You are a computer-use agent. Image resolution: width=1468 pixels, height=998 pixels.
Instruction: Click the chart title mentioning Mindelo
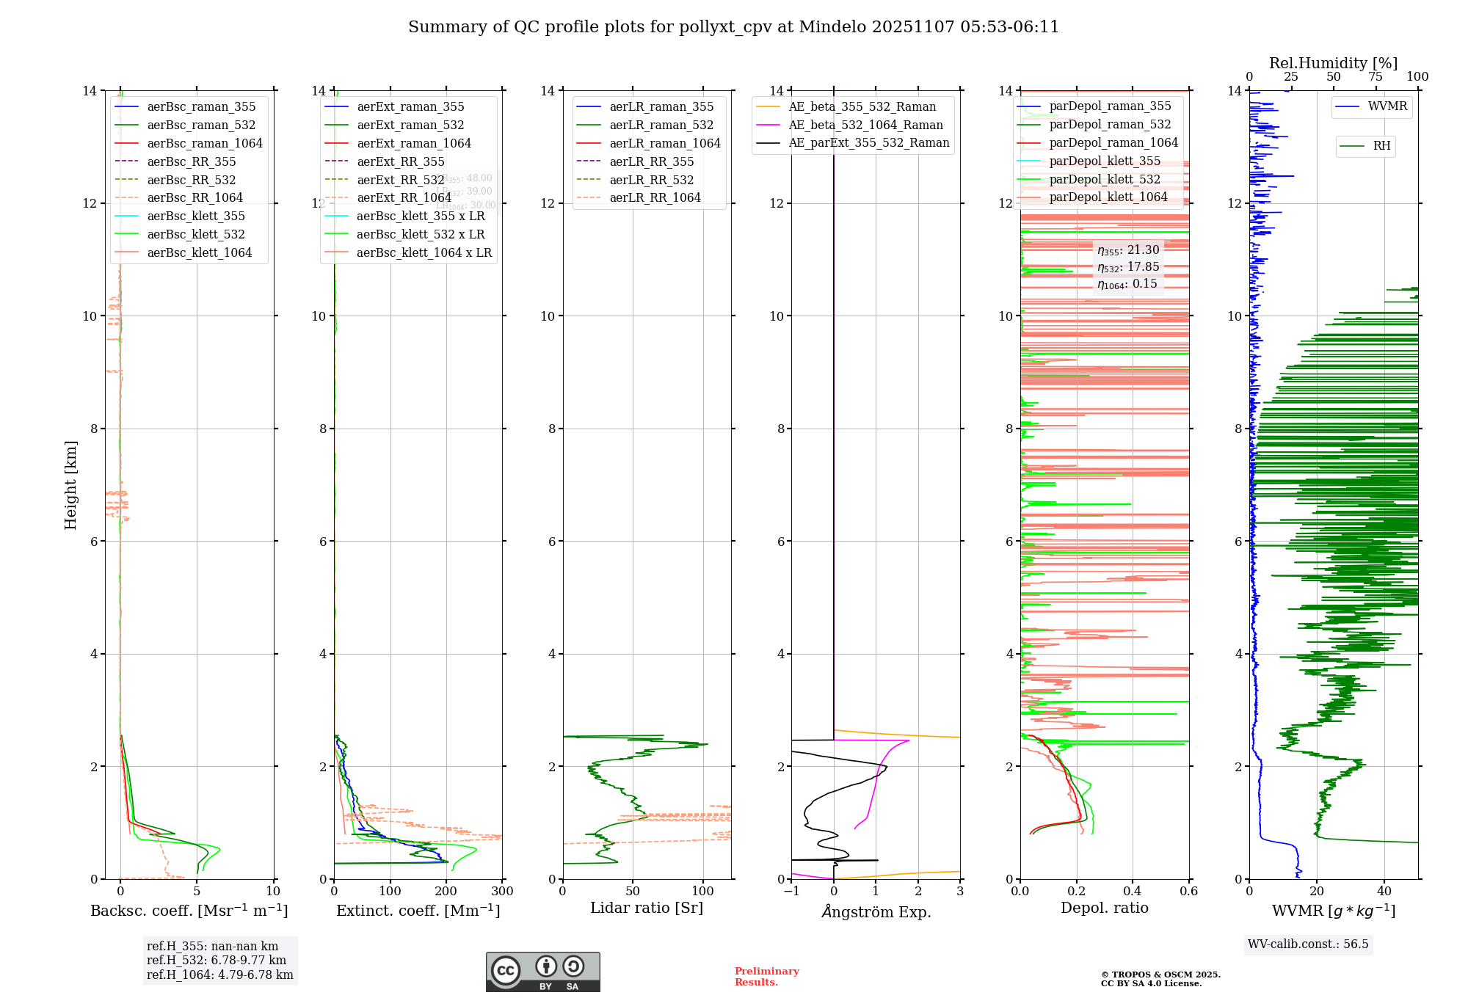point(733,27)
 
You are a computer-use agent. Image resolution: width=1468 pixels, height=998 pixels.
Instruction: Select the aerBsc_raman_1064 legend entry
point(204,143)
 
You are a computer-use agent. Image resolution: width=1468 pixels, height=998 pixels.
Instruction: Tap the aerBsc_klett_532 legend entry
point(195,234)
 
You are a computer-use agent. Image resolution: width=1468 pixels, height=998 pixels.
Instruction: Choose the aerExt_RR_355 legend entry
point(400,161)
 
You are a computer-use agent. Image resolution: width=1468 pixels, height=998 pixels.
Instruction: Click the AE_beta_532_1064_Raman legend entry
point(865,125)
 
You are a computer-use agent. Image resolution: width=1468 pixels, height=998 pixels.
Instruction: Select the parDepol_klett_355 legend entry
point(1105,161)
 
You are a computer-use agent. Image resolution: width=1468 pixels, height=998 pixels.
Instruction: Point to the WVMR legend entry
point(1387,106)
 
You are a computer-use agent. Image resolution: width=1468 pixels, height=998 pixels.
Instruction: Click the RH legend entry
point(1381,146)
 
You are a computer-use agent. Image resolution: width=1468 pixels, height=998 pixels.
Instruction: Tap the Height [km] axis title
point(70,485)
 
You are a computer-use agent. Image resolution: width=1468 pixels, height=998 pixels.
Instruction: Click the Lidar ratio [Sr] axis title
point(647,908)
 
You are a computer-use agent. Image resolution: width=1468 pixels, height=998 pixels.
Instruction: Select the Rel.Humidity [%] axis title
point(1333,63)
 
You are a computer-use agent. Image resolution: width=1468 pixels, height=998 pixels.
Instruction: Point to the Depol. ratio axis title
point(1104,908)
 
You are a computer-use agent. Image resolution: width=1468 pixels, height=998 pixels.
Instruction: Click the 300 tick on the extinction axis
point(503,892)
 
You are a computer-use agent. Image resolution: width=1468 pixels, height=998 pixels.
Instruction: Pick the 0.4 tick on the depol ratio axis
point(1133,892)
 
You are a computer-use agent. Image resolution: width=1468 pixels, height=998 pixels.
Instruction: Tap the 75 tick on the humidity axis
point(1375,77)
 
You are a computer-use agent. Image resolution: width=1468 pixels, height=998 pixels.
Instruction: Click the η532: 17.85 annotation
point(1128,267)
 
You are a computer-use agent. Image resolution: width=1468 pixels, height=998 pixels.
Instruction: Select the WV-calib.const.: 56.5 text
point(1308,944)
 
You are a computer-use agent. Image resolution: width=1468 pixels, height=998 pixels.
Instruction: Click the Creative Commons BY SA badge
point(542,972)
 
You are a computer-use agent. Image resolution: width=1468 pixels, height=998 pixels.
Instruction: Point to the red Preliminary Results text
point(766,977)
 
